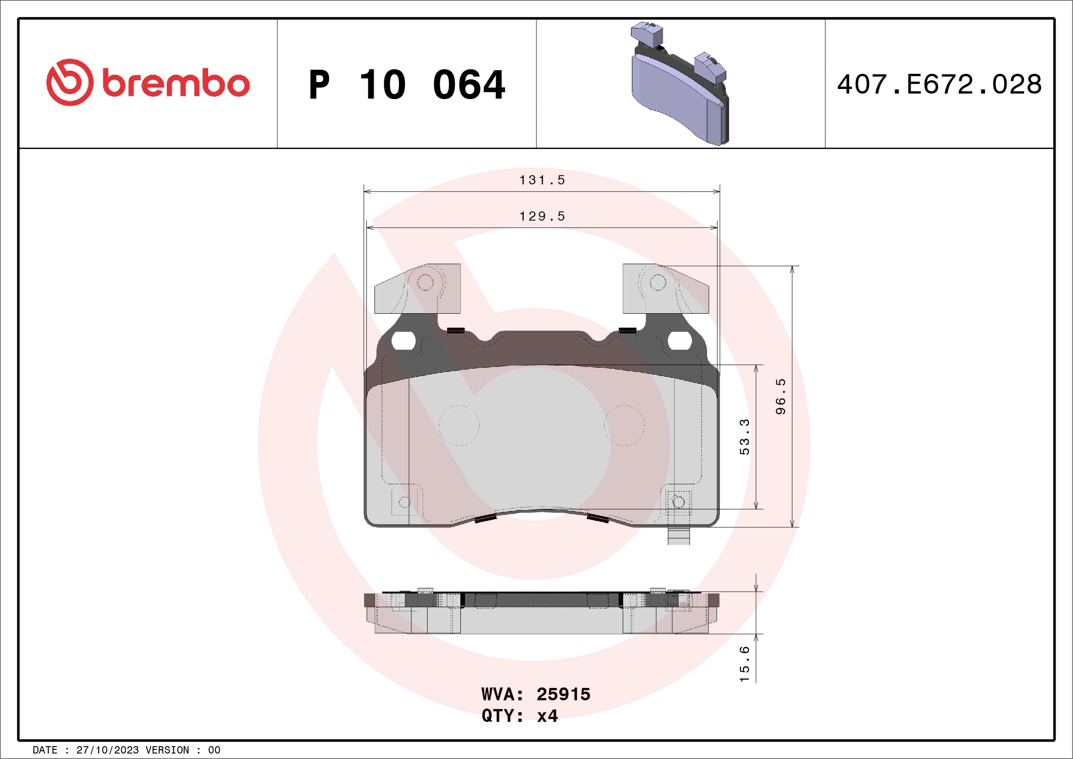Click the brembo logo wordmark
tap(175, 84)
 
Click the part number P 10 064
tap(407, 85)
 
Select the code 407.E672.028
tap(940, 84)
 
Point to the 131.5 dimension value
tap(542, 180)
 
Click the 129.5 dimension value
tap(542, 216)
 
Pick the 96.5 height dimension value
tap(780, 396)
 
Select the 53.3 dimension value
tap(745, 437)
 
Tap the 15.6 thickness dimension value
tap(745, 664)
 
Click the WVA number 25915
tap(563, 694)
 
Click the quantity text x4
tap(547, 716)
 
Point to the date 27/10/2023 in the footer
tap(107, 750)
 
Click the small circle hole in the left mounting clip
tap(425, 283)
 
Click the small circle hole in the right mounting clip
tap(658, 283)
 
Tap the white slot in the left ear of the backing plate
tap(404, 341)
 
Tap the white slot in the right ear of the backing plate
tap(680, 341)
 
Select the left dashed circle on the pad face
tap(459, 425)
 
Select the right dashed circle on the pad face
tap(624, 425)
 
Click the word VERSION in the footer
tap(167, 750)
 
